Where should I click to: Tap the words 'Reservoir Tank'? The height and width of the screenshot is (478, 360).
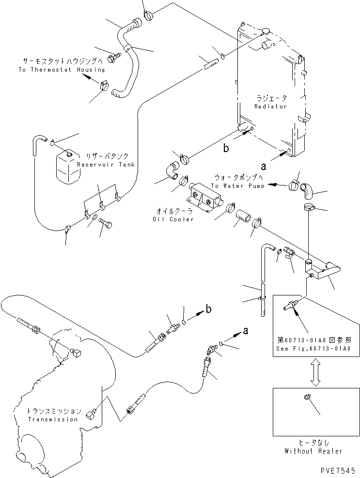106,165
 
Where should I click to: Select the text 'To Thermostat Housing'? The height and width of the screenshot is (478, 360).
62,70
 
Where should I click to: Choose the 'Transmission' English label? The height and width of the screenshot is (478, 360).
53,419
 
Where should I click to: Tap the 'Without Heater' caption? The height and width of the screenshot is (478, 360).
313,451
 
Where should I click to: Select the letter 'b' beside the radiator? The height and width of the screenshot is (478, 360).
226,148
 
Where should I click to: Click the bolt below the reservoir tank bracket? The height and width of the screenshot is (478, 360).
106,223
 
